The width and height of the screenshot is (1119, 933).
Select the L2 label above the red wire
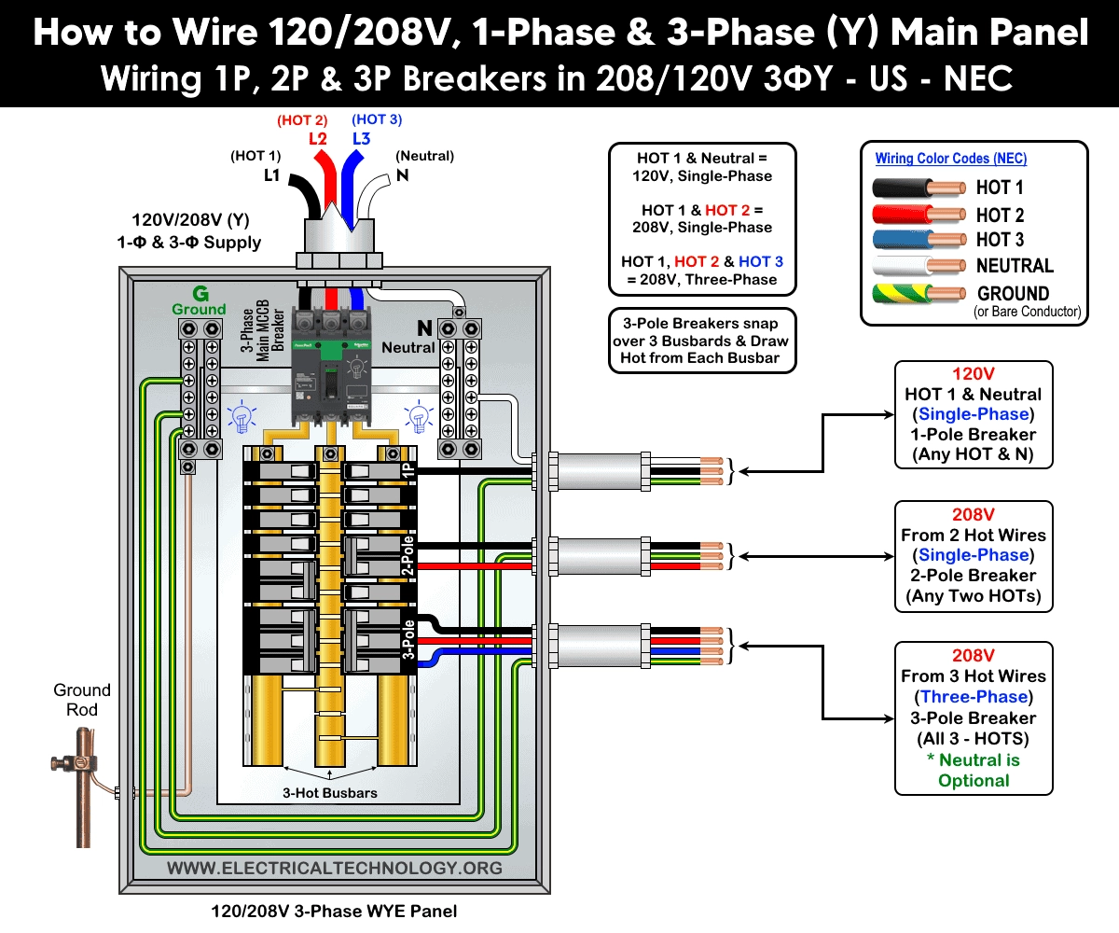coord(318,139)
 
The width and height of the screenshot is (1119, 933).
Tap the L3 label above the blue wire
coord(361,139)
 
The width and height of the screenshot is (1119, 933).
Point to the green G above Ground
coord(199,293)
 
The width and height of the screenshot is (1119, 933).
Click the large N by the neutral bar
coord(424,327)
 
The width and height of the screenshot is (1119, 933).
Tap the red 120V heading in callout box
coord(974,373)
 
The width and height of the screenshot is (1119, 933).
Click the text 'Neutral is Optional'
coord(974,771)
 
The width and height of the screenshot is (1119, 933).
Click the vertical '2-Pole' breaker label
coord(408,556)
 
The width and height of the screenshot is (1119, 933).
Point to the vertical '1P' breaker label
coord(408,471)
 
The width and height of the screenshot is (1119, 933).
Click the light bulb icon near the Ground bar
coord(242,417)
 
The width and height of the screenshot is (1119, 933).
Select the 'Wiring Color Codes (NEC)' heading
coord(950,159)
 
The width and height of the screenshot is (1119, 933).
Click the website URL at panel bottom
coord(334,869)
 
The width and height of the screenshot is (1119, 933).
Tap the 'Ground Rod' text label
coord(82,700)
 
